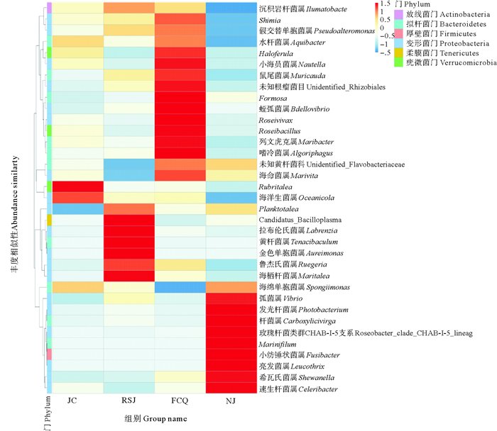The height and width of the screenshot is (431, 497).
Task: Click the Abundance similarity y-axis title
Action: click(15, 184)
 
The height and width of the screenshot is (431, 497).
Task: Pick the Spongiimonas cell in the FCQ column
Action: click(180, 287)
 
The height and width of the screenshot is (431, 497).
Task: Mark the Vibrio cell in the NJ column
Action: click(231, 298)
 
